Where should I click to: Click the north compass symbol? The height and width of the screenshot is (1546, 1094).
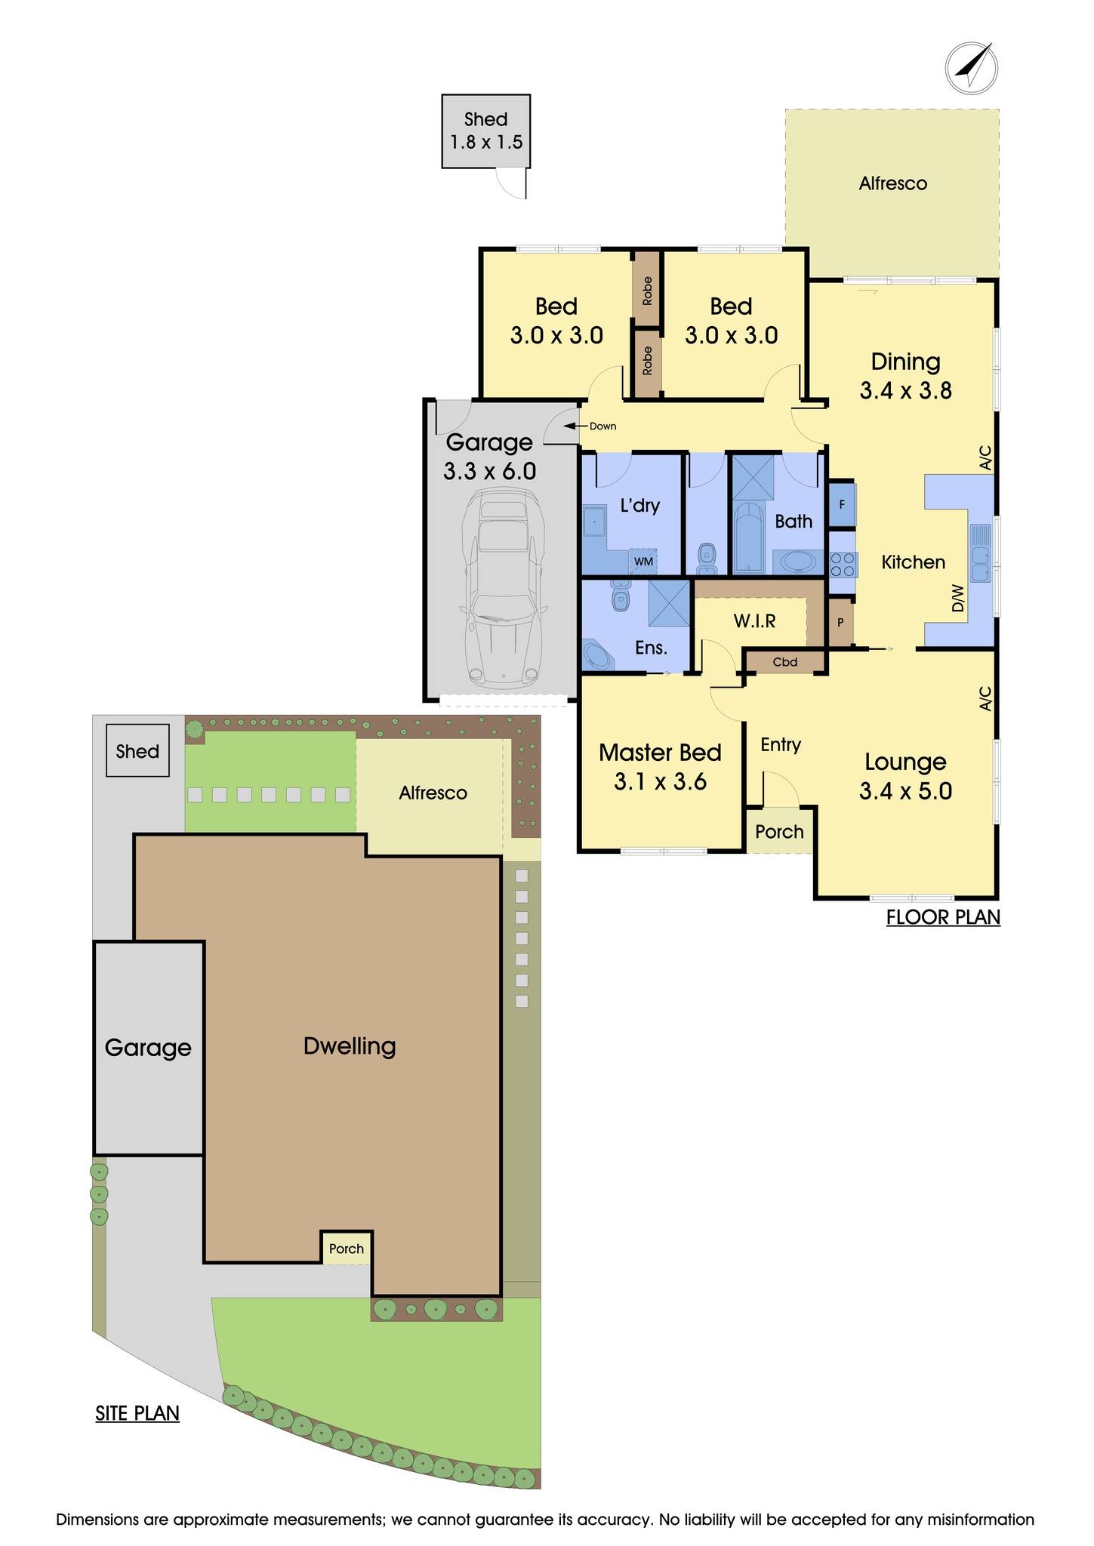[x=971, y=68]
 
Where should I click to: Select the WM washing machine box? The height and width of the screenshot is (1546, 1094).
[x=643, y=562]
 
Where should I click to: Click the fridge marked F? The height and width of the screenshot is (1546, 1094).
[x=842, y=504]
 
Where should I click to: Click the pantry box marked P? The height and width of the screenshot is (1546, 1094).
[x=840, y=624]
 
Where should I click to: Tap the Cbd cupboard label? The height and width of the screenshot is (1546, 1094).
[x=785, y=662]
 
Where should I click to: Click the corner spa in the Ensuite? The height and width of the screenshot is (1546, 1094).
[x=599, y=654]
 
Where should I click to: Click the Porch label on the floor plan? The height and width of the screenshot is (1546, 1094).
[x=779, y=832]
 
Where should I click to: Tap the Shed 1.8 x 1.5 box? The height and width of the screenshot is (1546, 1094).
[x=486, y=131]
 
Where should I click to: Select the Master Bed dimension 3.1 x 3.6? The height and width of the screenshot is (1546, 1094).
[x=660, y=781]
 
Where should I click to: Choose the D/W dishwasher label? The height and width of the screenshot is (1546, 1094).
[x=958, y=598]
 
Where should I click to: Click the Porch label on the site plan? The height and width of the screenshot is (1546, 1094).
[x=347, y=1249]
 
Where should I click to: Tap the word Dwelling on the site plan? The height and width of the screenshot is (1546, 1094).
[x=350, y=1046]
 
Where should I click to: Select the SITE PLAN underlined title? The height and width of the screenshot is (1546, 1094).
[x=137, y=1413]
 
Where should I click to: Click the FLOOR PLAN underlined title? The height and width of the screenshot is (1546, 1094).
[x=942, y=917]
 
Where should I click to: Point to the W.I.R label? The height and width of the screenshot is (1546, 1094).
[x=754, y=621]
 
